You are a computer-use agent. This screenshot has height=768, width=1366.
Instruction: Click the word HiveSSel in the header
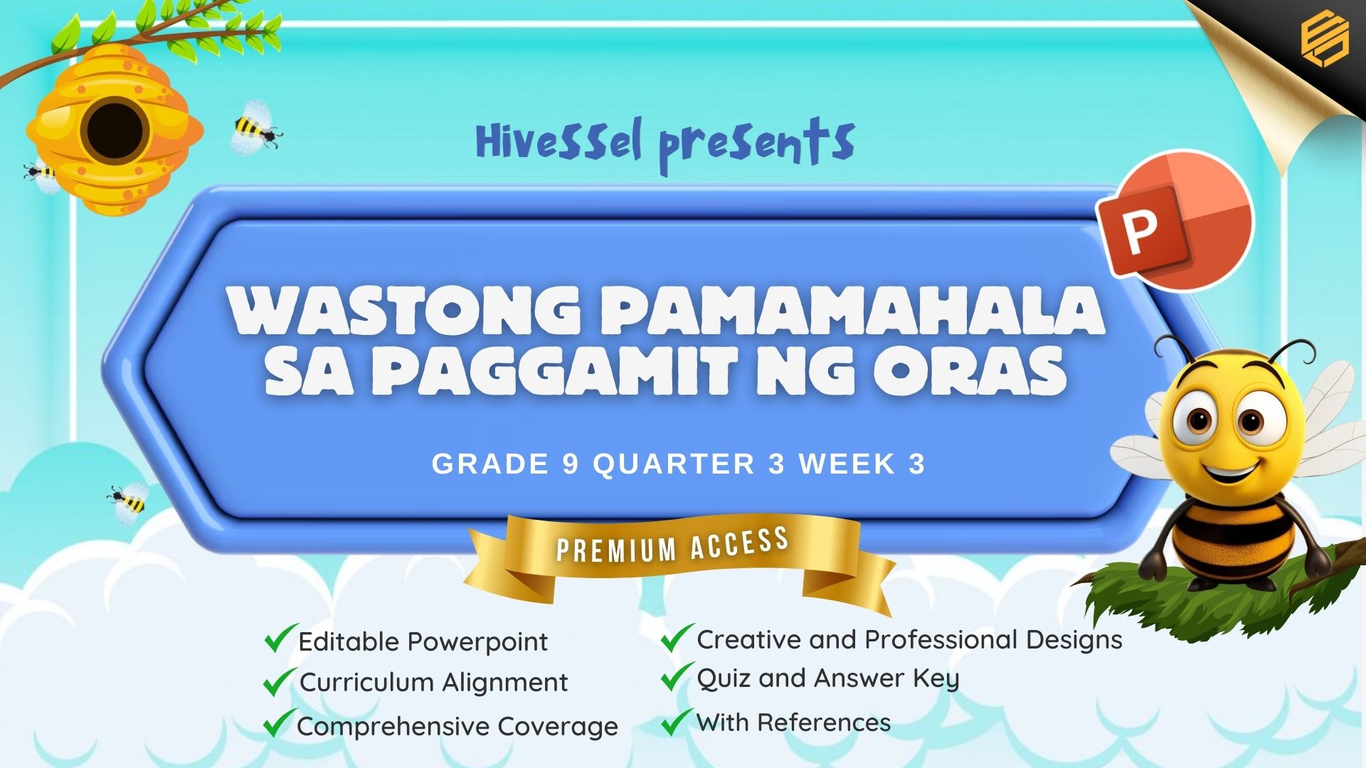click(x=559, y=140)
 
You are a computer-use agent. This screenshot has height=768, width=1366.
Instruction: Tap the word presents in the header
click(x=756, y=145)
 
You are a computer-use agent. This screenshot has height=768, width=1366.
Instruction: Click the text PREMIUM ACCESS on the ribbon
click(x=672, y=545)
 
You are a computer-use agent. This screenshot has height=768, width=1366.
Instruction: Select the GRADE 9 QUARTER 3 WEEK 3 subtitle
click(x=679, y=464)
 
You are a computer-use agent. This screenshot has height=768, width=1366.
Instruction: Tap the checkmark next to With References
click(x=677, y=722)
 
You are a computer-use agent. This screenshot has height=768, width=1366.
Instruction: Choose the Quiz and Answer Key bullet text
click(x=828, y=679)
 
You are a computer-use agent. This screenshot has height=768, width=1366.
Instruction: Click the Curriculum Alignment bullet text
click(x=433, y=683)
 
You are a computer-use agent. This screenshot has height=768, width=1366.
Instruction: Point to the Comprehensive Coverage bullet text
click(x=457, y=727)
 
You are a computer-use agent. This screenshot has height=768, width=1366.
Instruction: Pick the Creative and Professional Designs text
click(x=909, y=640)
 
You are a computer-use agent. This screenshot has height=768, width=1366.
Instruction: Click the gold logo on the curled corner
click(x=1324, y=39)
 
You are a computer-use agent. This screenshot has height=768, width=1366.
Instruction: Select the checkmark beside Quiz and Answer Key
click(x=677, y=676)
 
